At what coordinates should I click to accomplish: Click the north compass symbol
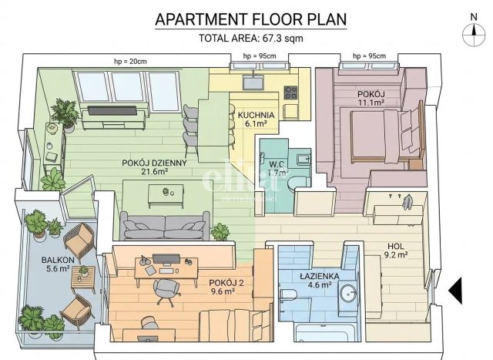click(474, 31)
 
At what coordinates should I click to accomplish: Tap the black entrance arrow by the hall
click(455, 291)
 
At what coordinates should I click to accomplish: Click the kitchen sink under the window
click(253, 82)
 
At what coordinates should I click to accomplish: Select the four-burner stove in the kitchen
click(290, 93)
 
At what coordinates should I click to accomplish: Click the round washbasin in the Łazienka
click(349, 294)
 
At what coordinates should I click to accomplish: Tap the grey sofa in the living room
click(165, 226)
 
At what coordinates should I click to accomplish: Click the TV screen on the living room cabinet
click(112, 111)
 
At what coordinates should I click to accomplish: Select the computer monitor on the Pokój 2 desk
click(166, 260)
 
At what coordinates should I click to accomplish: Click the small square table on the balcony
click(83, 279)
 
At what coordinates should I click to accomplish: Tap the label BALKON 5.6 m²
click(58, 264)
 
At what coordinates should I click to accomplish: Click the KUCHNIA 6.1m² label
click(256, 119)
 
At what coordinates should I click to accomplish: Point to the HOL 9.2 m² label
click(396, 251)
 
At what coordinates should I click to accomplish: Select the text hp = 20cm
click(130, 62)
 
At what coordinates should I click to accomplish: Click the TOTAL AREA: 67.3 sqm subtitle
click(251, 38)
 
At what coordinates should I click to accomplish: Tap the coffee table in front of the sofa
click(166, 196)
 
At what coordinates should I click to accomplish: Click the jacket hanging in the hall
click(407, 202)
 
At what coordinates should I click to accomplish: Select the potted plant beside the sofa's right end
click(220, 232)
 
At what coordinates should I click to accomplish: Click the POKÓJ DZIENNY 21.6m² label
click(154, 167)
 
